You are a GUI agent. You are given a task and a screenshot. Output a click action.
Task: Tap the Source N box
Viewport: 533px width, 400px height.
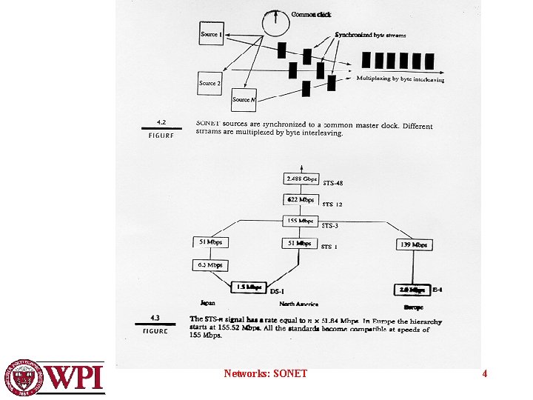244,99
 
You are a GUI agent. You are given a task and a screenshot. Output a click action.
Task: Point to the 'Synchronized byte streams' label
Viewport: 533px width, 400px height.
370,35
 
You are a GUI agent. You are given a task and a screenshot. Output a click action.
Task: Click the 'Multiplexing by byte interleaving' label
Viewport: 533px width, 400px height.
400,79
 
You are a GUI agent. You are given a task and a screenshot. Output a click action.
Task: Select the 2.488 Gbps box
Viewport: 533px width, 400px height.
301,179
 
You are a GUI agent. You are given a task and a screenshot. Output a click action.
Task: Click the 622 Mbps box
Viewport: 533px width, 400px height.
301,200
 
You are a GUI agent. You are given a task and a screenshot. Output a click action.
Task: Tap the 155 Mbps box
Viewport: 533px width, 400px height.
301,221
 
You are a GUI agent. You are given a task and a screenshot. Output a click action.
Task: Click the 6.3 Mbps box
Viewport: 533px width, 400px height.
209,264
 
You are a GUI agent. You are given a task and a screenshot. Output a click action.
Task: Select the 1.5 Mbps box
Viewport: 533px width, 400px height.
249,287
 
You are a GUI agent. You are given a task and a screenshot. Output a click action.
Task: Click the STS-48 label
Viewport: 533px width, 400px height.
332,183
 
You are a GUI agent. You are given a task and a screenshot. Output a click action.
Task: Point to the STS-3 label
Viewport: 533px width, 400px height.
330,225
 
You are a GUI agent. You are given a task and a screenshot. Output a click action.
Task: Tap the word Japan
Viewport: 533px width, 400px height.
208,302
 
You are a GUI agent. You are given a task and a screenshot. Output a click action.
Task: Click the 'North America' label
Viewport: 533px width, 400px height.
298,304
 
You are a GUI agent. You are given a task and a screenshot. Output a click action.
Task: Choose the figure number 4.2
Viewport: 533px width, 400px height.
161,122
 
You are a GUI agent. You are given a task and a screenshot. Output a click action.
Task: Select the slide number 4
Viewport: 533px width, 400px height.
484,374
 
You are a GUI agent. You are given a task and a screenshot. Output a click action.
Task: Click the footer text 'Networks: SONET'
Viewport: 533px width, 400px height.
265,374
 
